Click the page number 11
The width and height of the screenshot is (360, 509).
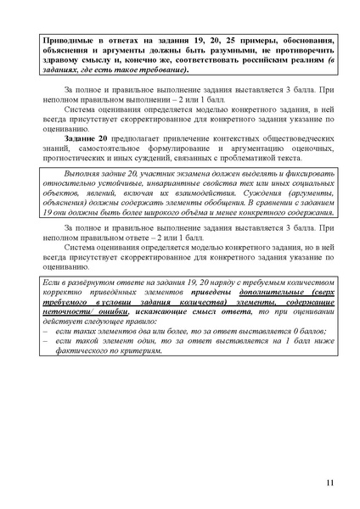tap(329, 484)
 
